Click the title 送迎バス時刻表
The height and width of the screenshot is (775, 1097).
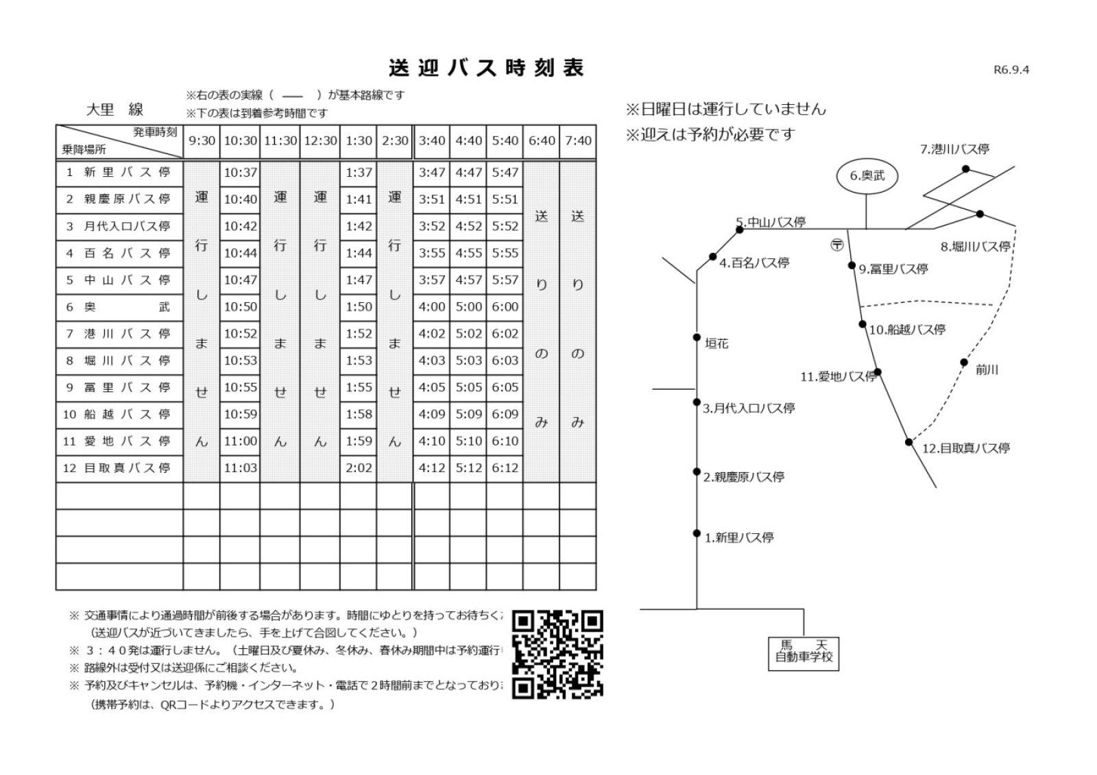(485, 69)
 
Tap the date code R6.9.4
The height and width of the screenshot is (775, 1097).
(1011, 69)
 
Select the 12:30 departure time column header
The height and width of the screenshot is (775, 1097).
(320, 141)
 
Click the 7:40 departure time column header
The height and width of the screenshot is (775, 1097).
(578, 141)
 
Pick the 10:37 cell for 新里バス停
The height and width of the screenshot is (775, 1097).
(240, 173)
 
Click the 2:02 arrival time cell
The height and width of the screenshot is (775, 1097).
(359, 468)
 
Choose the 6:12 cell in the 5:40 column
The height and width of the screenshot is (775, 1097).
(505, 468)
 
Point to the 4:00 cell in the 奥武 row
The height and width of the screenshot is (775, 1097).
(431, 307)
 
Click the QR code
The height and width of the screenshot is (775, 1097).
(557, 654)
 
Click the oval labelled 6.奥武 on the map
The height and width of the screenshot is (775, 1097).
(867, 176)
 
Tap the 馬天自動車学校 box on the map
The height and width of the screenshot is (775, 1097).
(804, 652)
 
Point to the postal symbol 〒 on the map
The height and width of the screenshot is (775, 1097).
(836, 245)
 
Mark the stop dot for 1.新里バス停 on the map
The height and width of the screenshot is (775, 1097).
(697, 533)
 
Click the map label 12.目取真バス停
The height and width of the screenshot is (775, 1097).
(965, 449)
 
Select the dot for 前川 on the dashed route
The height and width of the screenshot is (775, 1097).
(964, 362)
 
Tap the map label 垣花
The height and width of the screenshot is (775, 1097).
(716, 344)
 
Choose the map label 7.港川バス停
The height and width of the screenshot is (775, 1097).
(954, 149)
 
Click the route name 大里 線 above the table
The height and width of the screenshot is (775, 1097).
(114, 110)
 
